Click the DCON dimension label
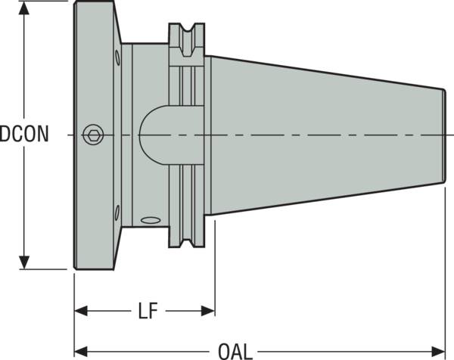point(25,135)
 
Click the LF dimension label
point(148,311)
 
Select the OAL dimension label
point(236,352)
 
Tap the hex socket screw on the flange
point(92,135)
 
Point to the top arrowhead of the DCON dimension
point(26,9)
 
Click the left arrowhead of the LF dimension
point(81,311)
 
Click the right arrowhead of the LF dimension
point(208,311)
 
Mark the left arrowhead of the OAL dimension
point(81,352)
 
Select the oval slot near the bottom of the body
point(151,220)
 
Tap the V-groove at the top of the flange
point(185,38)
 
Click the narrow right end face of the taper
point(444,135)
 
